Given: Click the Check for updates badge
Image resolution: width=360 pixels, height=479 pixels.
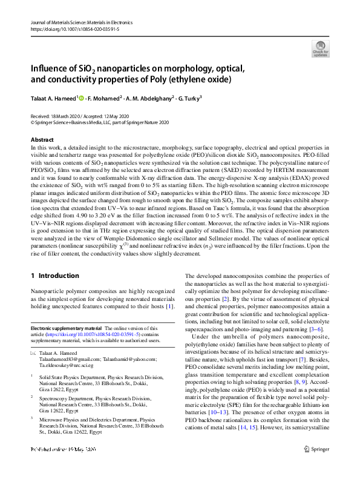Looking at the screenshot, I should [x=320, y=48].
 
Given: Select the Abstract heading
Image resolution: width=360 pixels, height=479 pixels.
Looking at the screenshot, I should [x=42, y=140].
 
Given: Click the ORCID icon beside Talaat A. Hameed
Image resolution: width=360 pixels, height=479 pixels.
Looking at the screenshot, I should [x=80, y=97].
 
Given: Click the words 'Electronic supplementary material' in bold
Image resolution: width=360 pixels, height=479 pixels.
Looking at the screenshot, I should [x=67, y=327].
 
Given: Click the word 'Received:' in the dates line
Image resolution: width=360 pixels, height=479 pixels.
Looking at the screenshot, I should [x=41, y=116].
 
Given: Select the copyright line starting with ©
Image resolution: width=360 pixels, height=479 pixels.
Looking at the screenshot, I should [x=100, y=122].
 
